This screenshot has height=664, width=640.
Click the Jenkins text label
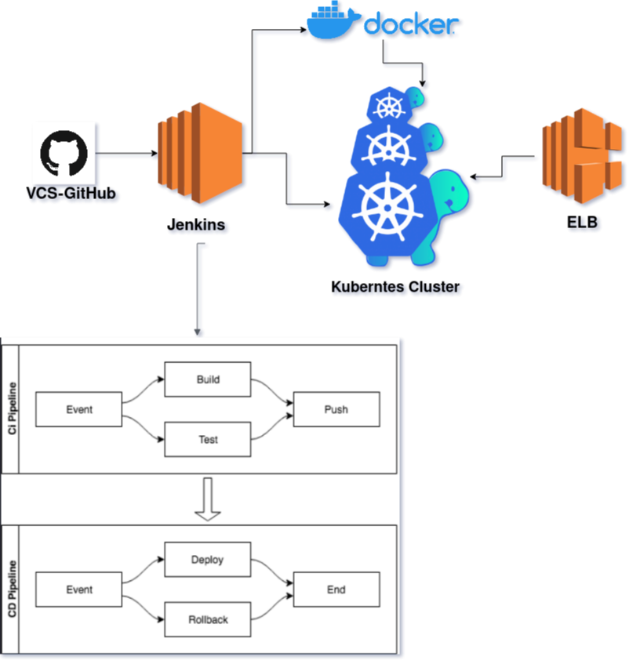[196, 224]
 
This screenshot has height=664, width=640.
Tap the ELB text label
[582, 222]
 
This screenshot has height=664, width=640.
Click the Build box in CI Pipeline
[207, 379]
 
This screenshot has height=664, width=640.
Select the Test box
[207, 440]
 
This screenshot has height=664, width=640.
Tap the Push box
[336, 409]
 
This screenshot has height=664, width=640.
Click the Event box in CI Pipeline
[78, 409]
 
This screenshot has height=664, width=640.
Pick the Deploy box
[207, 560]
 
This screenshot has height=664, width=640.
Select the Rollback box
[207, 619]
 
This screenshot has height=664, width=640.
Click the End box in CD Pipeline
[336, 590]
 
